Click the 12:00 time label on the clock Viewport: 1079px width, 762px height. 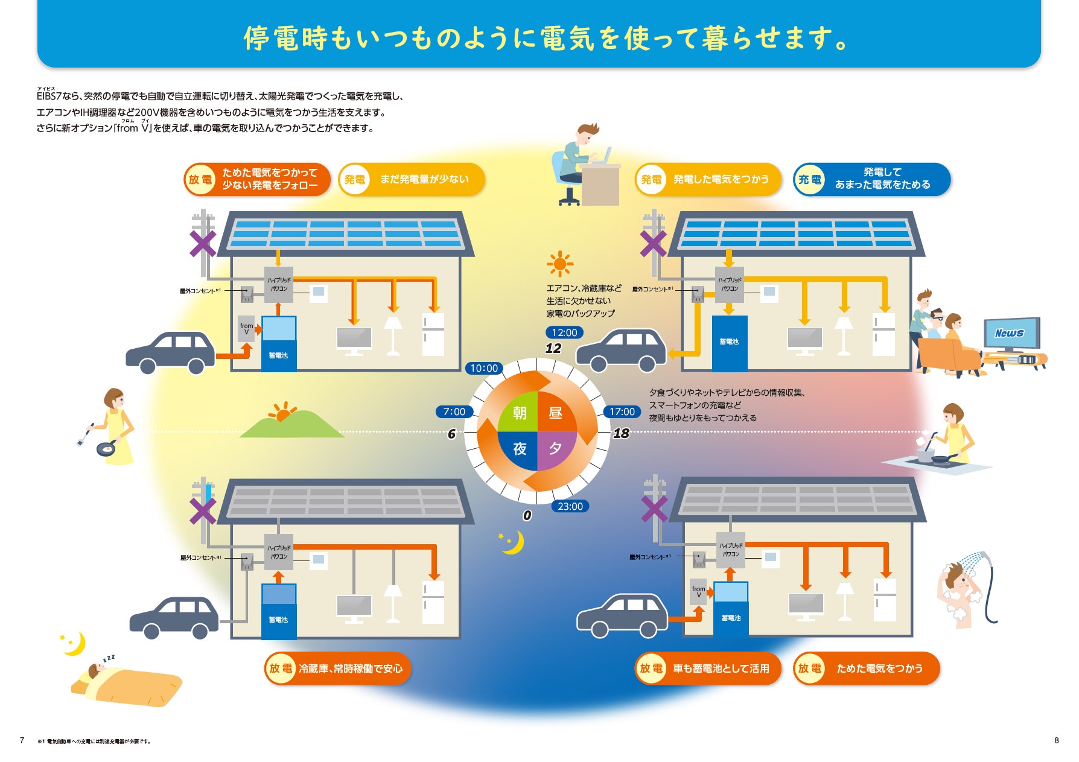(564, 332)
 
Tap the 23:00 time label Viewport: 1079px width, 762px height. (570, 506)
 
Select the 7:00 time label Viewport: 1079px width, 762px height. (454, 411)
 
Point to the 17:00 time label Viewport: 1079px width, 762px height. (622, 411)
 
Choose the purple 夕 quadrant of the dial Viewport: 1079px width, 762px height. (556, 449)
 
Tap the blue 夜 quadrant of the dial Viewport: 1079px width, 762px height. (519, 449)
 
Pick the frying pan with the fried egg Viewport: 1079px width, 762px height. (107, 448)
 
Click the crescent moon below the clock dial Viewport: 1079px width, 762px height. (514, 542)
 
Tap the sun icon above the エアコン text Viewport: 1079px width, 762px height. (560, 264)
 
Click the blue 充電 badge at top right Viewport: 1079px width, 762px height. (810, 179)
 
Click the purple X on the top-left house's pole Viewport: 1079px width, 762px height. (203, 244)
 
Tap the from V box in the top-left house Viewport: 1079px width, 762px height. (246, 329)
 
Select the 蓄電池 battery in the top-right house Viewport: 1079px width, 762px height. (729, 342)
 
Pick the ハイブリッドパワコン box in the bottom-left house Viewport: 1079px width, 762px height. (279, 552)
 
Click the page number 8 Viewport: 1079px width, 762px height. (1056, 740)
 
